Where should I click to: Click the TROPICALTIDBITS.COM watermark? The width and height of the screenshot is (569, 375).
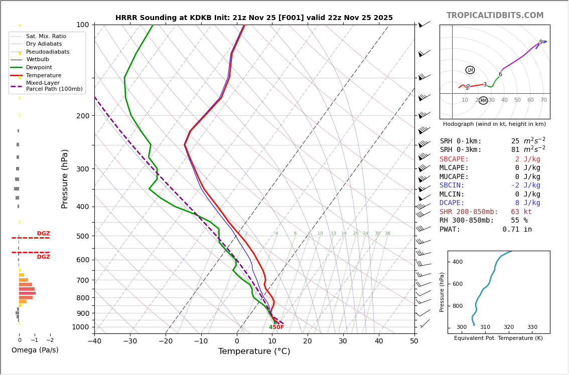[495, 16]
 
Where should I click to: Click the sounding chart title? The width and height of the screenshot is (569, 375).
[254, 18]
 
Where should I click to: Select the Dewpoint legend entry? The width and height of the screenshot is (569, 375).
[39, 68]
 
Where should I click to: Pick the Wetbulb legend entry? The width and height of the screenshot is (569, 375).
[38, 60]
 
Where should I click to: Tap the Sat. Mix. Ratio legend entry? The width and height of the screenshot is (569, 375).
[46, 37]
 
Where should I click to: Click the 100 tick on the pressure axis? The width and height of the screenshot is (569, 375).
[83, 25]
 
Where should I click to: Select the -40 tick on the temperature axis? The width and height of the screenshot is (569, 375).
[94, 341]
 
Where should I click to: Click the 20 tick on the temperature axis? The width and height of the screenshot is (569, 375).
[308, 341]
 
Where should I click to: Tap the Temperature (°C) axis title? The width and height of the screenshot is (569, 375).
[254, 351]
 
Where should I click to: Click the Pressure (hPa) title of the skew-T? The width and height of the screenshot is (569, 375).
[65, 178]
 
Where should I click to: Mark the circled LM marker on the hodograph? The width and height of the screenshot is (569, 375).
[470, 70]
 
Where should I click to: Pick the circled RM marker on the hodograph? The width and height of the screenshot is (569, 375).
[483, 101]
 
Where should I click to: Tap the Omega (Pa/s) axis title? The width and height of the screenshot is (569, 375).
[35, 350]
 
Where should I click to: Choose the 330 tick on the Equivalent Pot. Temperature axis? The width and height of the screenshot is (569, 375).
[532, 327]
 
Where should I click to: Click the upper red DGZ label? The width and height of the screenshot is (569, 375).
[43, 234]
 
